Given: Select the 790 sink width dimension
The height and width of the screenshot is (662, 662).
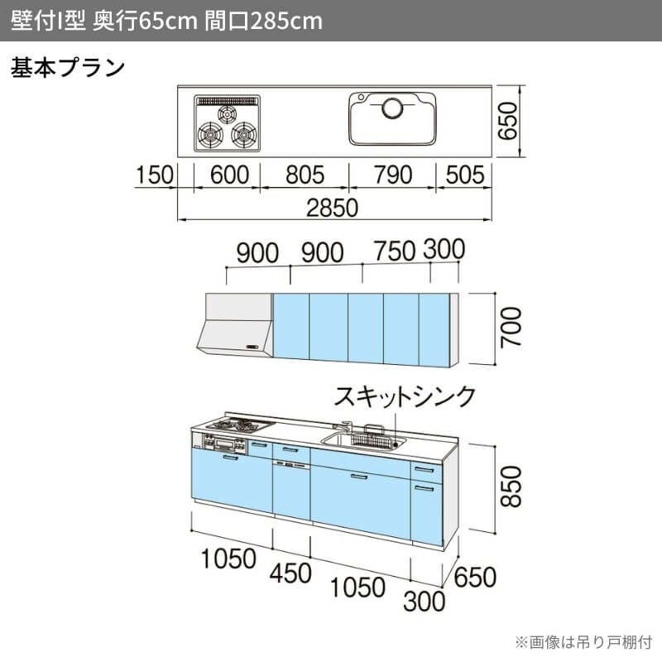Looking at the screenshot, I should [x=391, y=175].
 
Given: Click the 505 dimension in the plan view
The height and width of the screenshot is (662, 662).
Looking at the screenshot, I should [x=465, y=175].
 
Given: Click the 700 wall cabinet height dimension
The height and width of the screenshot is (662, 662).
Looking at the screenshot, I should [x=511, y=328].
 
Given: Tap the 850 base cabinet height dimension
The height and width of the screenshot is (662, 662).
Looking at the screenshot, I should [x=511, y=488].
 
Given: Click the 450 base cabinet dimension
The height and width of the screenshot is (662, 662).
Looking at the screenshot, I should [x=290, y=572].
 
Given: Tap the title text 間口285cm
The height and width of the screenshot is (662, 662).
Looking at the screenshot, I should [x=263, y=21].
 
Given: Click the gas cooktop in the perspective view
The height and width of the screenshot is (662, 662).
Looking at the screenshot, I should [x=238, y=427].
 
